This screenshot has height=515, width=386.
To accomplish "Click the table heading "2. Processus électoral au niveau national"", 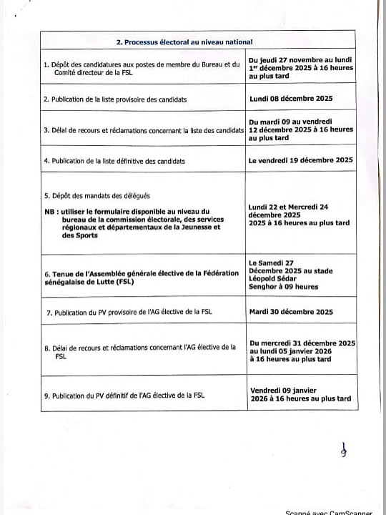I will pyautogui.click(x=184, y=42).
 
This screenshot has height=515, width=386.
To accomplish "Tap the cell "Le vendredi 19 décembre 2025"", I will pyautogui.click(x=301, y=160).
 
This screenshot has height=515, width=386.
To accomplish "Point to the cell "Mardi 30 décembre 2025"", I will pyautogui.click(x=291, y=312).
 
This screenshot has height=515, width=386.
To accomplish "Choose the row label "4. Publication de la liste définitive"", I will pyautogui.click(x=114, y=161).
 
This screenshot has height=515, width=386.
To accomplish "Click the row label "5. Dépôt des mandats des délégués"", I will pyautogui.click(x=97, y=195).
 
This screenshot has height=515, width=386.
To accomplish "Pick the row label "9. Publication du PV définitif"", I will pyautogui.click(x=124, y=394).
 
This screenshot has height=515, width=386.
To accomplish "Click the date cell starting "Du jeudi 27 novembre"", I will pyautogui.click(x=301, y=69).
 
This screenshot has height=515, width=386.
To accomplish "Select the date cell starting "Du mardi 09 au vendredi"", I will pyautogui.click(x=301, y=129).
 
